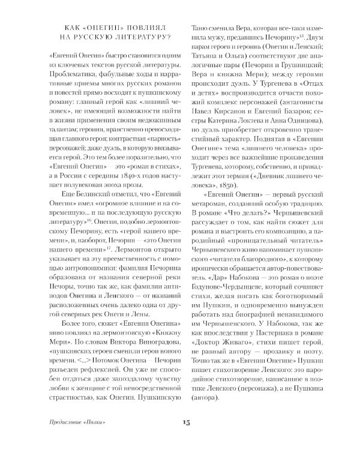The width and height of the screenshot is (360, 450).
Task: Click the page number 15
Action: tap(187, 423)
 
